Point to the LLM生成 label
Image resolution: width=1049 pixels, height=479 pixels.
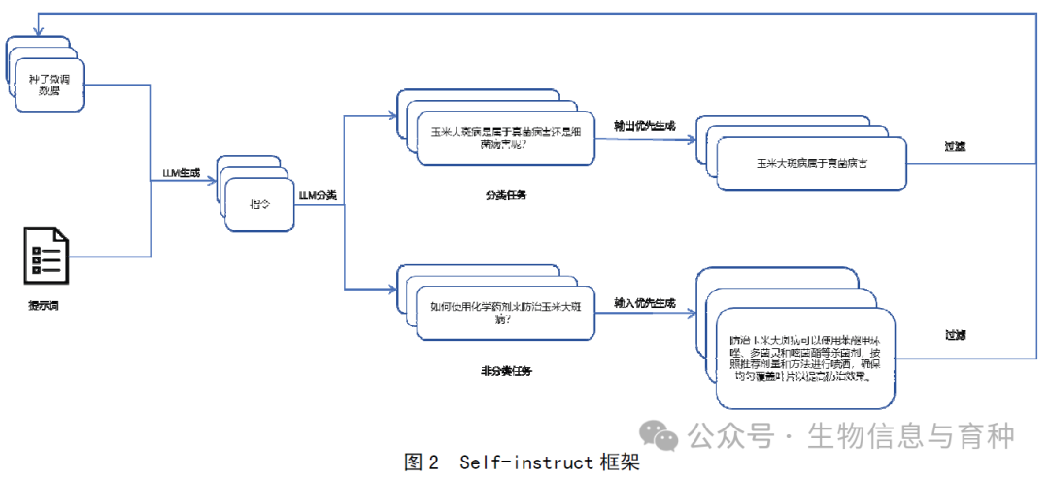[182, 173]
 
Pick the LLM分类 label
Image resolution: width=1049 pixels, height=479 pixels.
[318, 195]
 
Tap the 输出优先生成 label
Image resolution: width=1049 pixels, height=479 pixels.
[644, 125]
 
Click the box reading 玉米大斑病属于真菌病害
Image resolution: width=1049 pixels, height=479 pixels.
[812, 163]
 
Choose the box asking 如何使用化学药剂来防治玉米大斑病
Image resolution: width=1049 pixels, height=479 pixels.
[505, 312]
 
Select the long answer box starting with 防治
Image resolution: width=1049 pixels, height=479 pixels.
[804, 357]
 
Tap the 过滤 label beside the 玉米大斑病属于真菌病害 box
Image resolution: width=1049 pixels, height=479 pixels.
[956, 146]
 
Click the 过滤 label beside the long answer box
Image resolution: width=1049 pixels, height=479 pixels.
[956, 335]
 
